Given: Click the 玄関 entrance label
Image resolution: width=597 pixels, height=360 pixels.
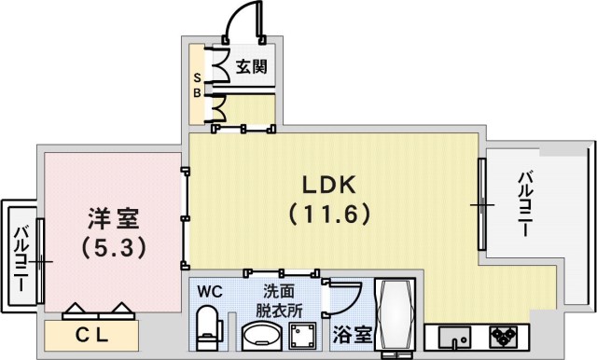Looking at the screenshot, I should tap(250, 66).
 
